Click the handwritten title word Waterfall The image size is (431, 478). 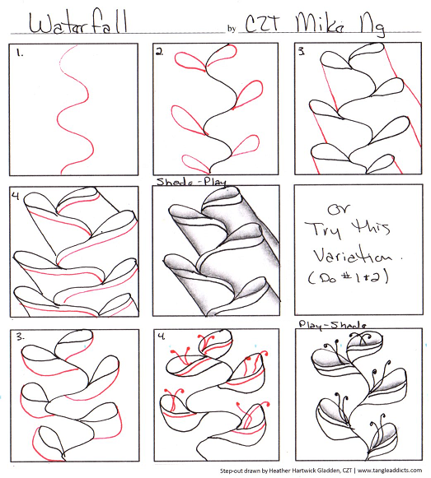77,22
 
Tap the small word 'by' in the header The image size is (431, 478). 232,28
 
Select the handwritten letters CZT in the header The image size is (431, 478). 262,23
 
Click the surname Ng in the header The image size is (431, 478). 372,26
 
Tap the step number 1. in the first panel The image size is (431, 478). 20,53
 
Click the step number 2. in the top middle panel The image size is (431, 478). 159,52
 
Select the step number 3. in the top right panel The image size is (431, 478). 301,52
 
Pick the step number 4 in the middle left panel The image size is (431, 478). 16,196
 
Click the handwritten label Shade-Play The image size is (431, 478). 192,182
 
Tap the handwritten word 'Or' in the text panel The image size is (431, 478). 339,209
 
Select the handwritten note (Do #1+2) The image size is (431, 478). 349,277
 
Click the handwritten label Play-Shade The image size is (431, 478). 332,325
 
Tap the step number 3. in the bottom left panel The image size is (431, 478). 21,337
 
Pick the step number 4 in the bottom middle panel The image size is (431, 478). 161,336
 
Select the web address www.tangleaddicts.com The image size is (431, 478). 390,471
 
